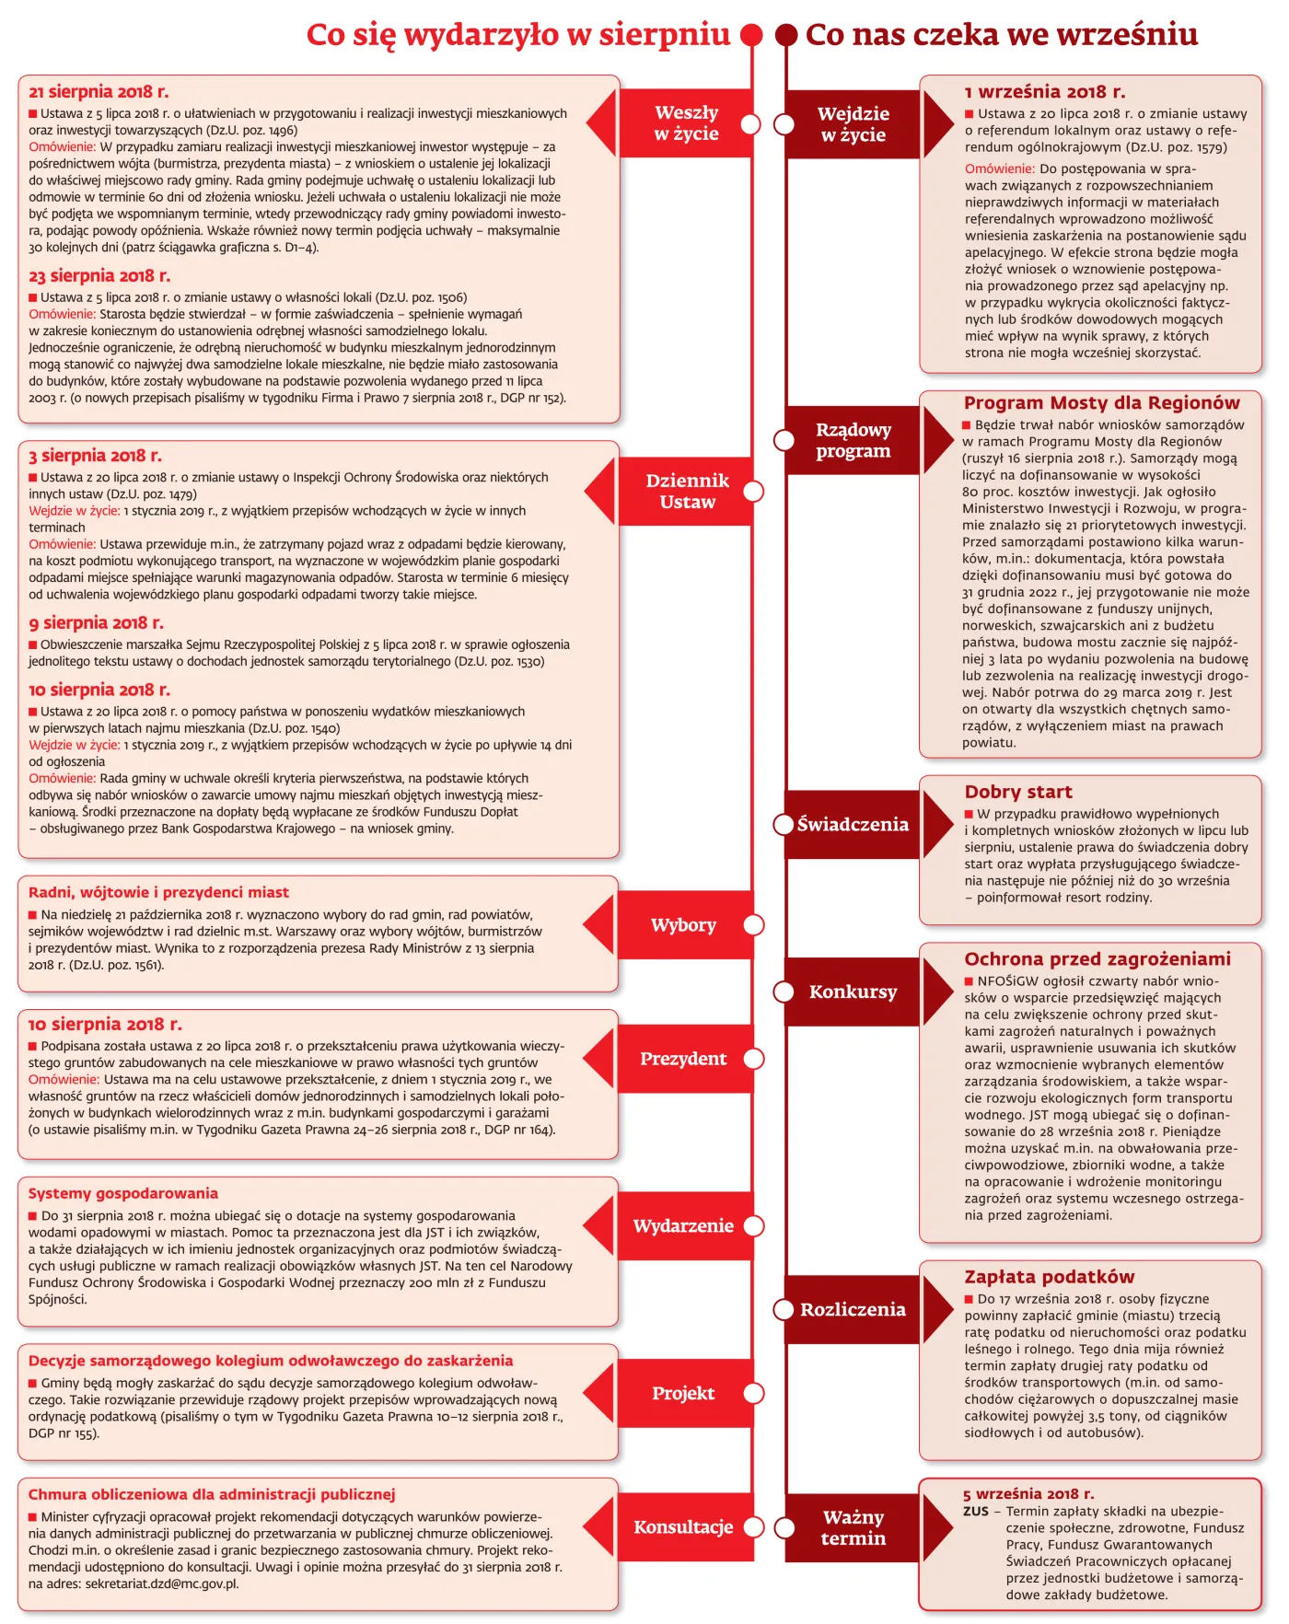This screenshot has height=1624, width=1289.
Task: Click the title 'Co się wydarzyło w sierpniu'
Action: [517, 35]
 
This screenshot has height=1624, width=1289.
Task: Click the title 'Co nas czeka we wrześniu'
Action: [1001, 35]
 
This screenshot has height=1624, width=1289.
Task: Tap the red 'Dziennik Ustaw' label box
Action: [687, 492]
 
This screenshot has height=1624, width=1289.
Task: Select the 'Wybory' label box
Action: [683, 925]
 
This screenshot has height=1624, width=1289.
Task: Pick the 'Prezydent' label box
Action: [683, 1059]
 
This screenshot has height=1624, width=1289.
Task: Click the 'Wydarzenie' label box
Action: [683, 1226]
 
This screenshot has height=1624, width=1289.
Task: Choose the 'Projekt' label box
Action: [683, 1394]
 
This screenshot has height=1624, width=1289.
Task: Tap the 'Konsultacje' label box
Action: [683, 1527]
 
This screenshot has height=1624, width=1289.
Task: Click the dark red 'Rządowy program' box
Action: [854, 440]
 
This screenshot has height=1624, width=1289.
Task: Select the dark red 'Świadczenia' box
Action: [854, 825]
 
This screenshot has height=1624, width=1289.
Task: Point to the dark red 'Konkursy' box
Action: [854, 992]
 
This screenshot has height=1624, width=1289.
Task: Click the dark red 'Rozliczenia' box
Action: [854, 1310]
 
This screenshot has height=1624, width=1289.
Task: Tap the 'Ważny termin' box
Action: [854, 1528]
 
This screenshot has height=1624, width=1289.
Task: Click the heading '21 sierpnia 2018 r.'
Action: [99, 92]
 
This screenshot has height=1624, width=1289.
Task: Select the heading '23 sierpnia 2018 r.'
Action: [99, 276]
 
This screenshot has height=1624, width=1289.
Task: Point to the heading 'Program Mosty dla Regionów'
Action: [1101, 403]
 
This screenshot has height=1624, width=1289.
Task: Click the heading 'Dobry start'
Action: [1018, 793]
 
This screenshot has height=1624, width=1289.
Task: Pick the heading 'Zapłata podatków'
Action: [1049, 1277]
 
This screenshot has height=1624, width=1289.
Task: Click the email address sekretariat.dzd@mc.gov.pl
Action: [161, 1584]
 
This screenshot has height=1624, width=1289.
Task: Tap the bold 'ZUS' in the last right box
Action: [975, 1512]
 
